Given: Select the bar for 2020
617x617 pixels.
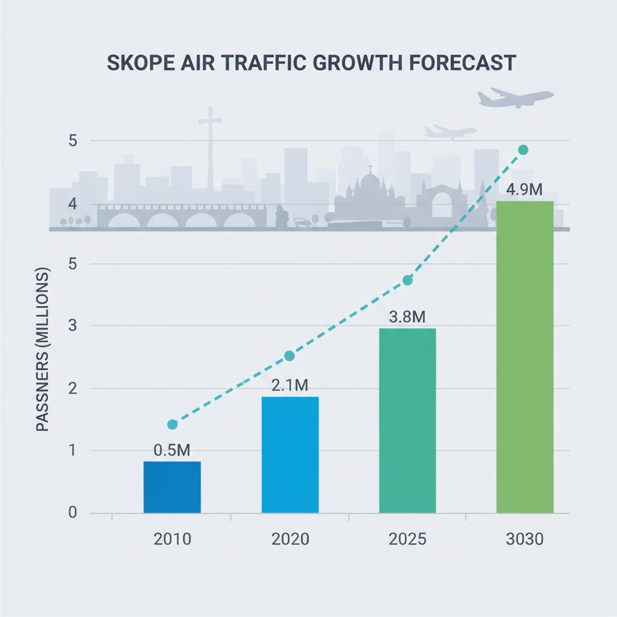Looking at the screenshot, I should pyautogui.click(x=290, y=455).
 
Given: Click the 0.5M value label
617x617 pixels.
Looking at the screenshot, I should pyautogui.click(x=172, y=450).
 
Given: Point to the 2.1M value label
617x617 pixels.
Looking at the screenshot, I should pyautogui.click(x=290, y=385).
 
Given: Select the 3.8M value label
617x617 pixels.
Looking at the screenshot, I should pyautogui.click(x=407, y=316).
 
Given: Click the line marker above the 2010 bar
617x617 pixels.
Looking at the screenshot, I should pyautogui.click(x=172, y=424).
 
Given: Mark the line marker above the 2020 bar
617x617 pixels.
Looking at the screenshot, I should pyautogui.click(x=289, y=355).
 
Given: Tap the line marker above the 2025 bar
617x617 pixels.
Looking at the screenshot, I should pyautogui.click(x=407, y=280).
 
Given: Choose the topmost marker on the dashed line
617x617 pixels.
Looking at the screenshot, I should pyautogui.click(x=523, y=149).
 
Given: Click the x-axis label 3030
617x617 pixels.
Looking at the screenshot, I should pyautogui.click(x=524, y=539).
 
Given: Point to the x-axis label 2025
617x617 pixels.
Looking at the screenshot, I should pyautogui.click(x=407, y=539).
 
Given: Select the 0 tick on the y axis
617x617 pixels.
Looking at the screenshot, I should pyautogui.click(x=72, y=513).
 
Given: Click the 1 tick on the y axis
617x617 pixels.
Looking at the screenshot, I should pyautogui.click(x=72, y=451).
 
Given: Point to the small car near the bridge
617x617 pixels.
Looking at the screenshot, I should pyautogui.click(x=302, y=222).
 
